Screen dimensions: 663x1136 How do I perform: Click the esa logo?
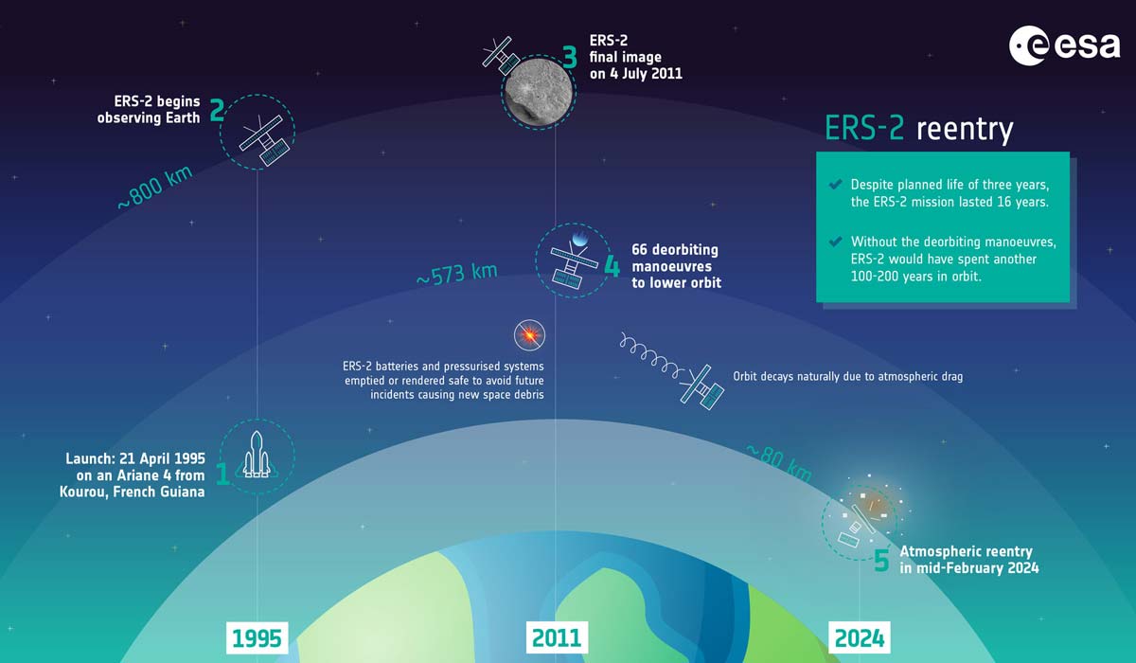pos(1064,45)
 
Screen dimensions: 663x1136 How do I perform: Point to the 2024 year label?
pos(860,637)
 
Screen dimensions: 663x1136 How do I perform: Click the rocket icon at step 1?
pos(255,456)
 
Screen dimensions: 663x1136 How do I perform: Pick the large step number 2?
pos(217,112)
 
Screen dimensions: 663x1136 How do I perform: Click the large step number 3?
pos(570,57)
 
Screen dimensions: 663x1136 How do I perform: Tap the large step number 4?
pos(612,266)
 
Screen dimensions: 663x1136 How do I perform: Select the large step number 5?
pos(881,561)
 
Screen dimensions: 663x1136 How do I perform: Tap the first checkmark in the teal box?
pos(835,184)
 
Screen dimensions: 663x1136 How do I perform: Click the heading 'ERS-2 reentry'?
pos(919,129)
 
